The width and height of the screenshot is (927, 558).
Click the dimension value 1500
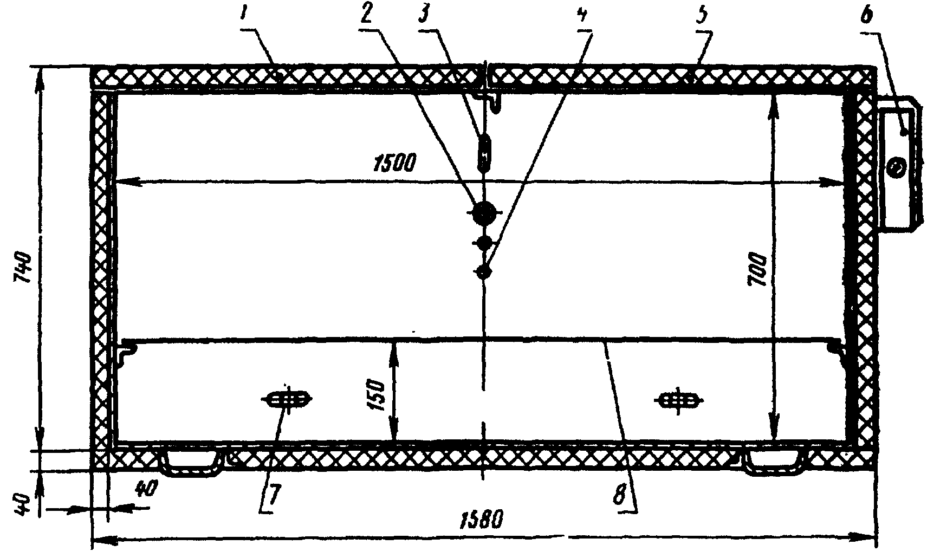click(x=394, y=162)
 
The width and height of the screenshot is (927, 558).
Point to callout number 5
click(x=703, y=17)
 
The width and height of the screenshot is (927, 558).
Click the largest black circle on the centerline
click(x=483, y=213)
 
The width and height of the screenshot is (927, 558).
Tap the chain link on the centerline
click(x=485, y=151)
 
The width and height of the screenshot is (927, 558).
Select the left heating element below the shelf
click(x=288, y=400)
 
